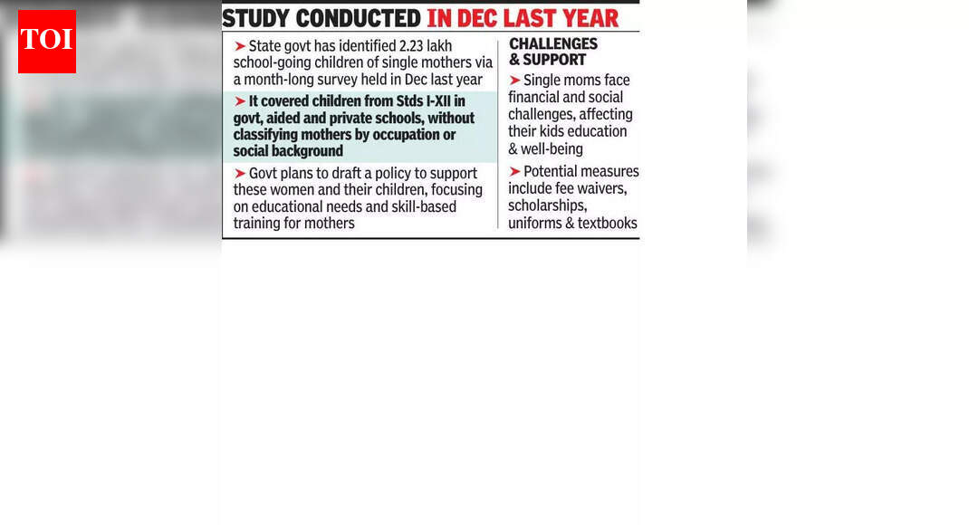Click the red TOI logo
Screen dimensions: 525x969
tap(47, 42)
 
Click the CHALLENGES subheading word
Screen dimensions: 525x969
tap(553, 43)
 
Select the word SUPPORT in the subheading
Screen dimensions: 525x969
tap(554, 60)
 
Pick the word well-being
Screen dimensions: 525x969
tap(552, 148)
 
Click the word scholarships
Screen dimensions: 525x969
tap(547, 205)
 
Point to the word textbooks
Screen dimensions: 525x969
tap(607, 223)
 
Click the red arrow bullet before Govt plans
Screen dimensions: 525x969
tap(240, 174)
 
